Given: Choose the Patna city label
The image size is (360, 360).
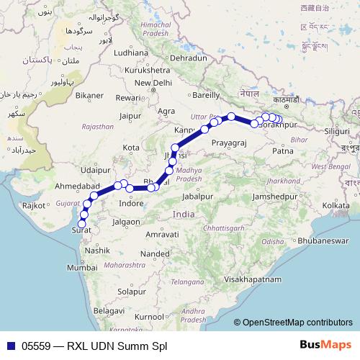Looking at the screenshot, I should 284,151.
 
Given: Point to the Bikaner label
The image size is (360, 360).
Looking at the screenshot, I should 90,95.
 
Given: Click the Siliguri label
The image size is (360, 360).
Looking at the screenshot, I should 335,132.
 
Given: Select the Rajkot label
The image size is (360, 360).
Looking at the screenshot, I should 33,206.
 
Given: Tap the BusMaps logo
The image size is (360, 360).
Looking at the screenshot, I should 325,345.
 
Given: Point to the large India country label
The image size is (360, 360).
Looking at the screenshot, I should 184,215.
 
